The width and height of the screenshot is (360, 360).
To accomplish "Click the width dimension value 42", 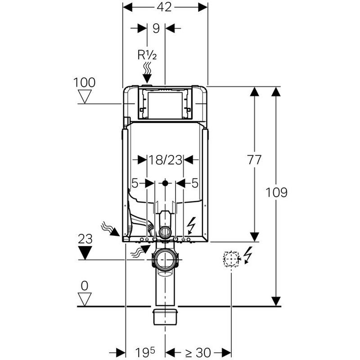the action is pyautogui.click(x=165, y=7).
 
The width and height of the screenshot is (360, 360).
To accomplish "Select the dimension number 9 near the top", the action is pyautogui.click(x=156, y=28).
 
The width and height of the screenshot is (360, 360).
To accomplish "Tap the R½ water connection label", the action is pyautogui.click(x=147, y=55).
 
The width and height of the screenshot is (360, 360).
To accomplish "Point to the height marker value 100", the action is pyautogui.click(x=84, y=82).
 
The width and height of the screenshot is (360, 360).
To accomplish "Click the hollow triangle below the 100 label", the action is pyautogui.click(x=85, y=96).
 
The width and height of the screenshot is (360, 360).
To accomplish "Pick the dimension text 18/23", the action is pyautogui.click(x=165, y=160).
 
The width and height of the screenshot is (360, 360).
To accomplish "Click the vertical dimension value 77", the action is pyautogui.click(x=254, y=160).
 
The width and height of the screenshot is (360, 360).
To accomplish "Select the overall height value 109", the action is pyautogui.click(x=276, y=193).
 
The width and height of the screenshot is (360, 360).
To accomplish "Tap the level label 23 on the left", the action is pyautogui.click(x=85, y=239).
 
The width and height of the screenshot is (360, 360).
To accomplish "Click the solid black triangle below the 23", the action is pyautogui.click(x=85, y=253).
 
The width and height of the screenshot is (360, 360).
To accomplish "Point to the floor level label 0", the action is pyautogui.click(x=85, y=286).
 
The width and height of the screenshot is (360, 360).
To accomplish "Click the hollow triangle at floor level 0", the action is pyautogui.click(x=85, y=299).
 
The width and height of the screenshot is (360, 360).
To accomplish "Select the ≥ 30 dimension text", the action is pyautogui.click(x=198, y=352).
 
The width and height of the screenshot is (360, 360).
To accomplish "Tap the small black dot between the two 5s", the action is pyautogui.click(x=165, y=183).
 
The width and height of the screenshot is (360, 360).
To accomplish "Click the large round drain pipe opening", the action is pyautogui.click(x=165, y=259).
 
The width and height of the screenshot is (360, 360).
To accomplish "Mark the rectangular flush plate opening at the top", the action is pyautogui.click(x=165, y=105).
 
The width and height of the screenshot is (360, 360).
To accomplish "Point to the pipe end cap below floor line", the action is pyautogui.click(x=165, y=317).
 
